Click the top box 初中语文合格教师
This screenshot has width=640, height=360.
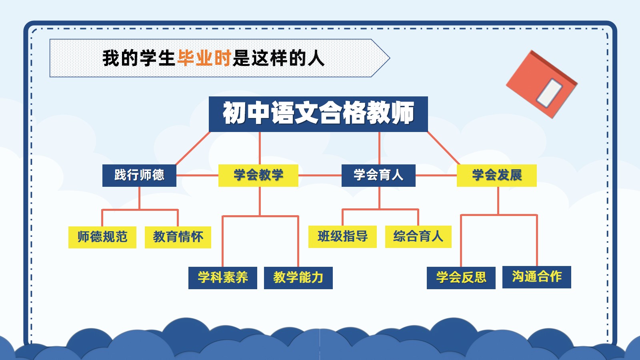pos(318,114)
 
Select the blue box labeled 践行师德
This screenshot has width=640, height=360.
pos(139,176)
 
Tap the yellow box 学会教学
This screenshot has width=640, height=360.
pos(258,176)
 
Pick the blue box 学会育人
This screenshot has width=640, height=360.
pos(378,176)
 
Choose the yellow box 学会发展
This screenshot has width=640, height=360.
pos(497,176)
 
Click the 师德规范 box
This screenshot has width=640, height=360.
pos(102,237)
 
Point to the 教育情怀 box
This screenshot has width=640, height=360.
pos(178,237)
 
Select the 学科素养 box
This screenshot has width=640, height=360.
pos(223,278)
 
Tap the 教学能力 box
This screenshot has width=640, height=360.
pos(298,278)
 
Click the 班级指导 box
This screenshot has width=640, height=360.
pos(342,236)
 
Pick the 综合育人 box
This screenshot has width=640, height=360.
pos(418,236)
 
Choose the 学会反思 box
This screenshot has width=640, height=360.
pos(461,278)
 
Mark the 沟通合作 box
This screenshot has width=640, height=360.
pos(537,277)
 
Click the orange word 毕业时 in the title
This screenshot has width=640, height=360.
pos(204,58)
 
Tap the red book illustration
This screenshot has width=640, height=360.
pos(542,84)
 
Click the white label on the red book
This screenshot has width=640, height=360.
pos(549,93)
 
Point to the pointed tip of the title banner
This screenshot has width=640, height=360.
pos(390,58)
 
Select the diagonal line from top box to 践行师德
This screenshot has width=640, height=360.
pos(193,148)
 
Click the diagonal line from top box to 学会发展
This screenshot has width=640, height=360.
pos(444,148)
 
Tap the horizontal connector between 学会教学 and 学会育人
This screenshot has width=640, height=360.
pos(320,176)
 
